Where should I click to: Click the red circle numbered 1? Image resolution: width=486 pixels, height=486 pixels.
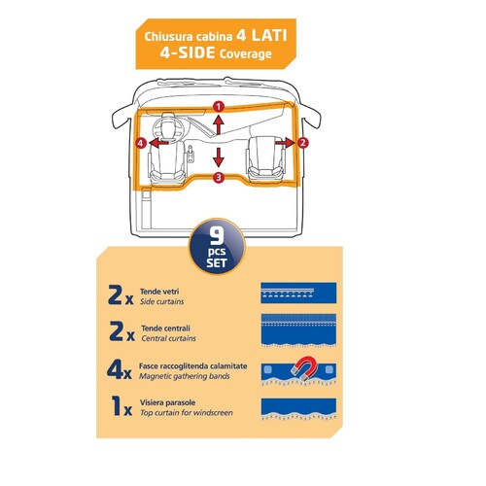220,105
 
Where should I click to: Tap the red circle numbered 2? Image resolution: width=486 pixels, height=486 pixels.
303,142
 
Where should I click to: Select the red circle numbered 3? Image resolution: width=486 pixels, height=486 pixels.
220,177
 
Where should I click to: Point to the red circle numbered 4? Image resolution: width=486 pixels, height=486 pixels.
142,143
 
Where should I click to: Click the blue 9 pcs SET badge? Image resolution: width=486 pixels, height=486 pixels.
218,248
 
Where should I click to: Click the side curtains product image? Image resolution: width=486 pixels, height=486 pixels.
298,293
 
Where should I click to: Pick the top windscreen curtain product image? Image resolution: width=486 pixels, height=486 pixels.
298,409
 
